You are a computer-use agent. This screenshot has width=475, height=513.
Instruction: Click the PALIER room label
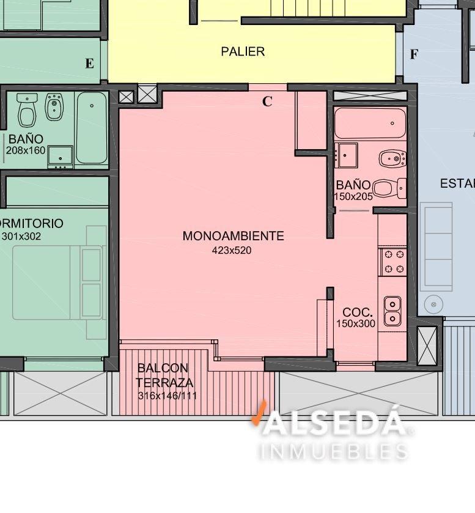(x=243, y=51)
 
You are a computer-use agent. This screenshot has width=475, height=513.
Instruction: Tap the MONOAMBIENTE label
(x=234, y=236)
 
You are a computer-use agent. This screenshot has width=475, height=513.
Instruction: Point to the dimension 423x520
(x=232, y=250)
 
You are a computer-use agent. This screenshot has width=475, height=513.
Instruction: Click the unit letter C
(x=267, y=101)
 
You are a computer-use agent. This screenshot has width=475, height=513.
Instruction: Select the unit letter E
(x=90, y=63)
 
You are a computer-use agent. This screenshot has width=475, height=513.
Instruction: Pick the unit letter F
(x=414, y=54)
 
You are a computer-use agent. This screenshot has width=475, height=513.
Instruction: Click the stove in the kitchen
(x=394, y=262)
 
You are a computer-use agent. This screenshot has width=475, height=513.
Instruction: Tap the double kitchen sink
(x=392, y=311)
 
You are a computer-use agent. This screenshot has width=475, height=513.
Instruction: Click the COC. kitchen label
(x=358, y=312)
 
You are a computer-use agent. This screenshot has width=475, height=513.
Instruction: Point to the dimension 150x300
(x=356, y=323)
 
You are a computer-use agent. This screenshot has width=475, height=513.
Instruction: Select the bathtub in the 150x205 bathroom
(x=370, y=123)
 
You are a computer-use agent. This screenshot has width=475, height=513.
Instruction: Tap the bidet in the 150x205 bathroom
(x=392, y=159)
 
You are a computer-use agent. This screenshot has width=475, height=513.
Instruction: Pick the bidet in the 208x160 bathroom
(x=54, y=106)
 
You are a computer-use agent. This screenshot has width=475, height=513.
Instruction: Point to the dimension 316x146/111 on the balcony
(x=168, y=396)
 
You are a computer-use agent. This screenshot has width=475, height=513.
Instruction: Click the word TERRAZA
(x=164, y=383)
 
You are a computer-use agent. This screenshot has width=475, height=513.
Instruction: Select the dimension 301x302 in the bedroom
(x=21, y=236)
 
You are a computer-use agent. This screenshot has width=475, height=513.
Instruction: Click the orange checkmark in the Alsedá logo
(x=259, y=413)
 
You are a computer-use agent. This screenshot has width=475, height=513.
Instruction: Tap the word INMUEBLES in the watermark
(x=334, y=451)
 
